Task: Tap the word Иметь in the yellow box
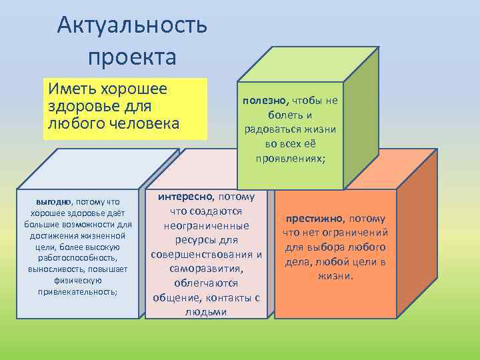point(69,89)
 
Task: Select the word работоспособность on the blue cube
point(79,257)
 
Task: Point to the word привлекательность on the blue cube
point(79,292)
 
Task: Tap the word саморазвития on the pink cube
point(206,269)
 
